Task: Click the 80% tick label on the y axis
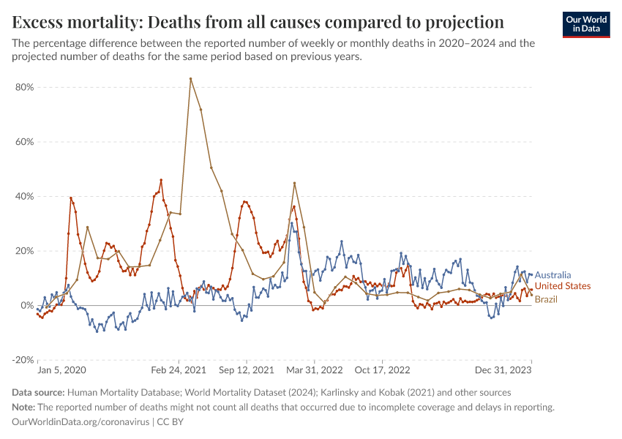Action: tap(24, 87)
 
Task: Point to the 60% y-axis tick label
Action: tap(24, 142)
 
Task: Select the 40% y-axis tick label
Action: tap(24, 196)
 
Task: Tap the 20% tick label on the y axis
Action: tap(24, 251)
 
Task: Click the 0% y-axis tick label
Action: tap(27, 305)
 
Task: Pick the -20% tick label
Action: tap(23, 360)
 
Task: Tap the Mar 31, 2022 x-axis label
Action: tap(315, 370)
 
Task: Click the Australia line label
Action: tap(552, 275)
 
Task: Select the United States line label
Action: tap(562, 286)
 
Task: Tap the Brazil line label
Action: tap(547, 299)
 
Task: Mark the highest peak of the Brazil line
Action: tap(190, 78)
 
